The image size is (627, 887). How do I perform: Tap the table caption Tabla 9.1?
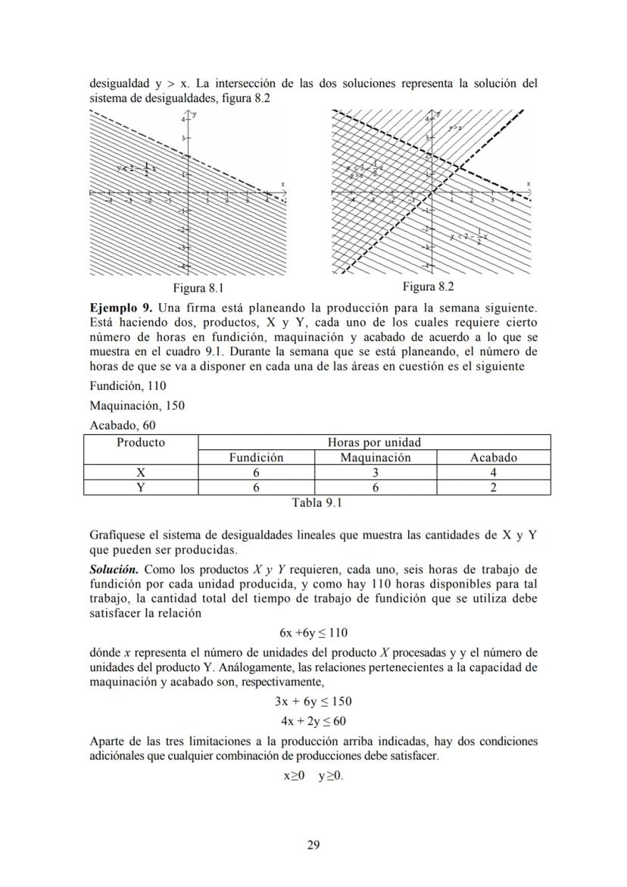[317, 502]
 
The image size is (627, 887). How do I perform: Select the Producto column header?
[141, 442]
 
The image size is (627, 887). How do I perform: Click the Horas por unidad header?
[374, 442]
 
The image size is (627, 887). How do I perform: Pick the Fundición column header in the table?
[256, 458]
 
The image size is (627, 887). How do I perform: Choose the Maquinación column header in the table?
[376, 458]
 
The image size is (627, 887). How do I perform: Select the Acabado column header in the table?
[494, 458]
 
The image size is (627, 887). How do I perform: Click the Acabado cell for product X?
[494, 473]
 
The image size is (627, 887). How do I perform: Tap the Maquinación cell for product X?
[376, 473]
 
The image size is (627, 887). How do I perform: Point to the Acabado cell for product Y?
[494, 488]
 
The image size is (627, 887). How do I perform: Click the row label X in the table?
[141, 473]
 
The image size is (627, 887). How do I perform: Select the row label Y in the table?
[141, 488]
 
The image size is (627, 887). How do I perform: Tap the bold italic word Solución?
[114, 569]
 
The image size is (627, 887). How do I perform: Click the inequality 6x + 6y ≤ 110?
[313, 632]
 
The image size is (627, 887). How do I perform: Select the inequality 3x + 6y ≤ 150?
[313, 701]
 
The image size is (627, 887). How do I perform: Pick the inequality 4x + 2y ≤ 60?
[313, 720]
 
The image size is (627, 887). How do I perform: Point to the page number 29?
[313, 845]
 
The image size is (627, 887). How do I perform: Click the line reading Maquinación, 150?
[136, 405]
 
